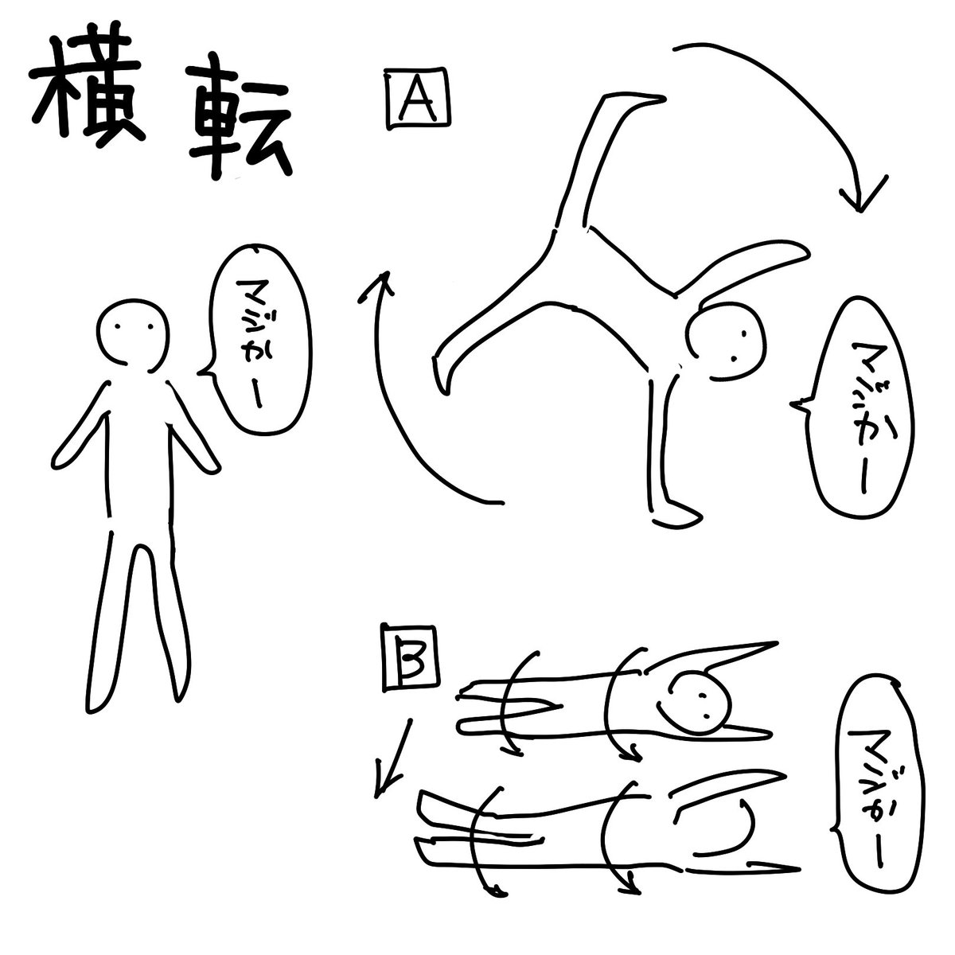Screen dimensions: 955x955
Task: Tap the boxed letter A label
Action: click(418, 99)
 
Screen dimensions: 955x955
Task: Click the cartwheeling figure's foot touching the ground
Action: click(676, 516)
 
